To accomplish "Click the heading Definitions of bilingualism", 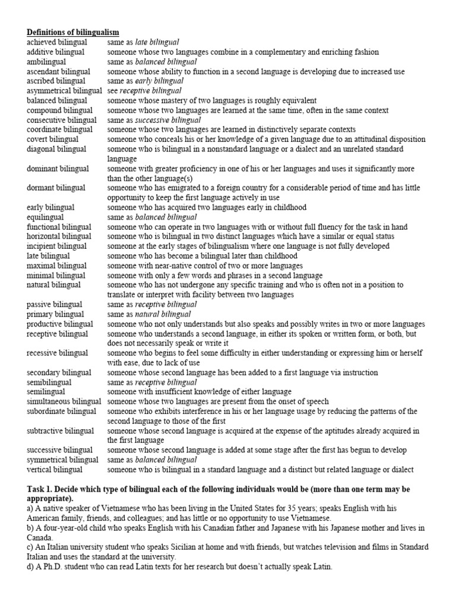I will tap(72, 32).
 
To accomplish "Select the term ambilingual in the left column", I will tap(48, 62).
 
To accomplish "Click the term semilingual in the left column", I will tap(46, 392).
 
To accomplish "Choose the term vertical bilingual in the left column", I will tap(55, 470).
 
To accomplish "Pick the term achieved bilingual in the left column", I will tap(56, 42).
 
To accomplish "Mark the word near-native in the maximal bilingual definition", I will tap(174, 265).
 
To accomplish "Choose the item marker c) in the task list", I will tap(31, 547).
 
